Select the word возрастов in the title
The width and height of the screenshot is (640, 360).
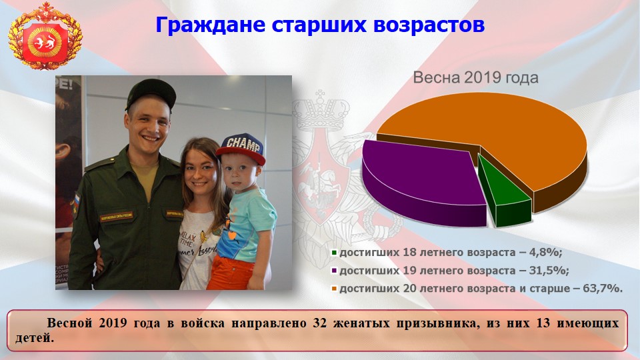tap(429, 25)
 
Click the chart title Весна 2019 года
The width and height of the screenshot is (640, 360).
tap(475, 77)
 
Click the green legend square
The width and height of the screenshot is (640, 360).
tap(334, 253)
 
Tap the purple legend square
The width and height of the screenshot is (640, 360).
tap(334, 271)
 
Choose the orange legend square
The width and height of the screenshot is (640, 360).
tap(334, 289)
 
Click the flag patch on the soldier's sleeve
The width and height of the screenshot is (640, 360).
tap(76, 201)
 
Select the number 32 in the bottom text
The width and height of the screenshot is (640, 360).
tap(319, 323)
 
